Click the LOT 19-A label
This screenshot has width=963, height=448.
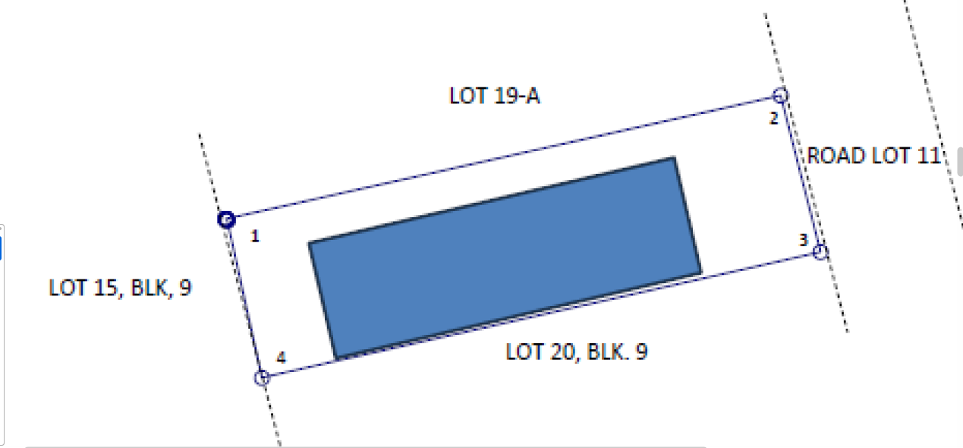(494, 96)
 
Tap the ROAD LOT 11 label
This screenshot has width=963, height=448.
(874, 156)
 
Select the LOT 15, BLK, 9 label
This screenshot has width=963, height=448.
(120, 288)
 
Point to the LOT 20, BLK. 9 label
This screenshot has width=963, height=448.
(577, 352)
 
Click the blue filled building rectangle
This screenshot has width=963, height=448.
(505, 258)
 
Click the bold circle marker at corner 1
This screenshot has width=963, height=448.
(227, 219)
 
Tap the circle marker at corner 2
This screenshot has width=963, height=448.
(780, 95)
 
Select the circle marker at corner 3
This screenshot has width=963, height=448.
(820, 252)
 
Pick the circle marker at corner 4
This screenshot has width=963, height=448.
(262, 378)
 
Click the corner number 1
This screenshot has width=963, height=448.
(255, 236)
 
